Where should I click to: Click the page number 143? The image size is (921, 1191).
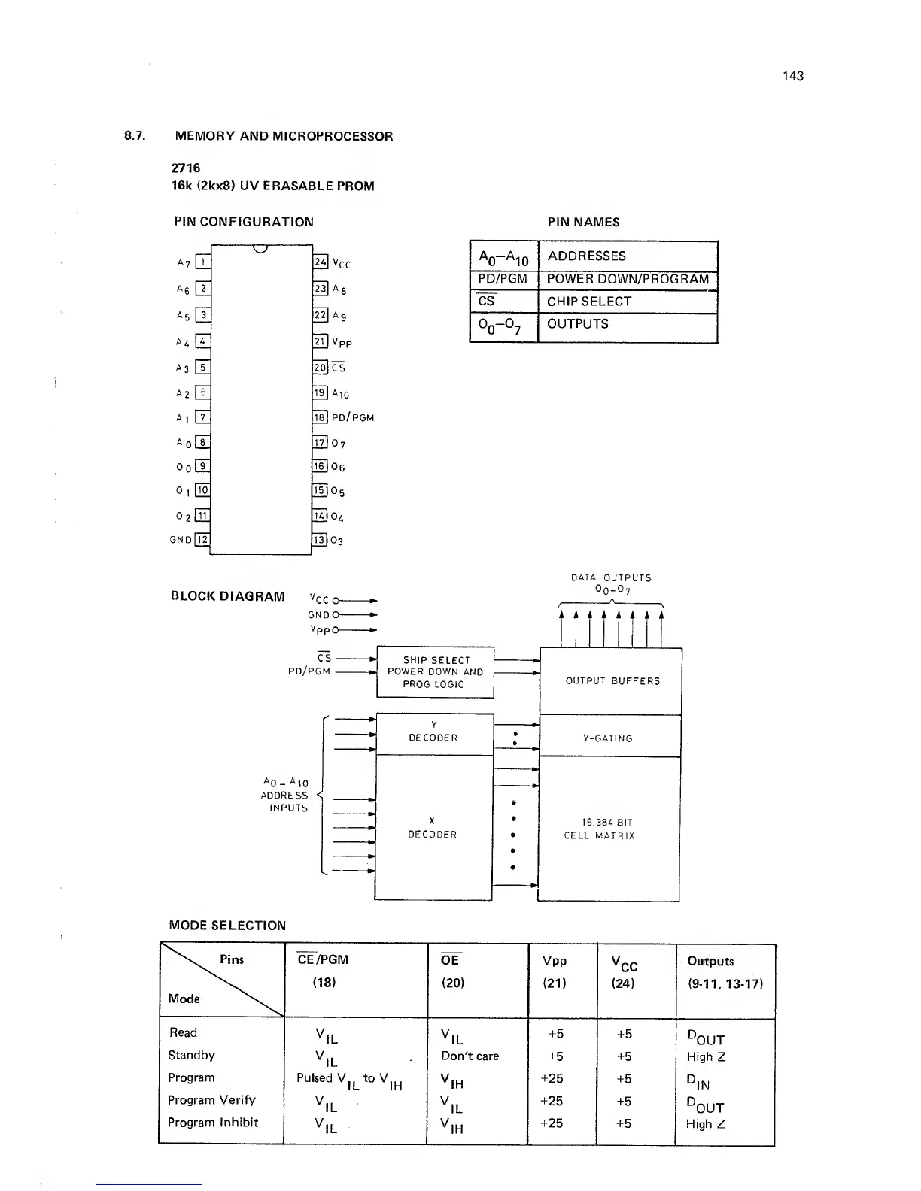792,76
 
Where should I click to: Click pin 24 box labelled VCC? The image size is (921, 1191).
320,262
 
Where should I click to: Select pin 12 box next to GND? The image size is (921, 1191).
202,539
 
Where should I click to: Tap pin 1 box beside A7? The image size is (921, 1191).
202,262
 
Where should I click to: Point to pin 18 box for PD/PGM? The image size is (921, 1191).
320,417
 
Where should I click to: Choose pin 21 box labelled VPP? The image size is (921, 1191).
320,341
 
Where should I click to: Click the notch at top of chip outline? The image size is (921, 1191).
261,249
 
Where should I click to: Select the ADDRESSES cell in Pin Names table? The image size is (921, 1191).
586,256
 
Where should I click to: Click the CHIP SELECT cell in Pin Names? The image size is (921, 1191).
588,302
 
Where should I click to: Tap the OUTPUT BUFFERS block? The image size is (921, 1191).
612,681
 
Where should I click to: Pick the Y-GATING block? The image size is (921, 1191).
608,738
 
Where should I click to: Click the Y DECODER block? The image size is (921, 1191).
433,732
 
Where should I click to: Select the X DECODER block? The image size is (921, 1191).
433,828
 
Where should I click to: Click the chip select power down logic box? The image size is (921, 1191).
435,672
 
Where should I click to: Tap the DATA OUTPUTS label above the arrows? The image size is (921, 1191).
611,577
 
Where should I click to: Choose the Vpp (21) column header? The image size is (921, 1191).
555,971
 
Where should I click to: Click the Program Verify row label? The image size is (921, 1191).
211,1100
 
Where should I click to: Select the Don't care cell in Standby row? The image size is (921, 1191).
470,1056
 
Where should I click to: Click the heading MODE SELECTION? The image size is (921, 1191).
227,926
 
